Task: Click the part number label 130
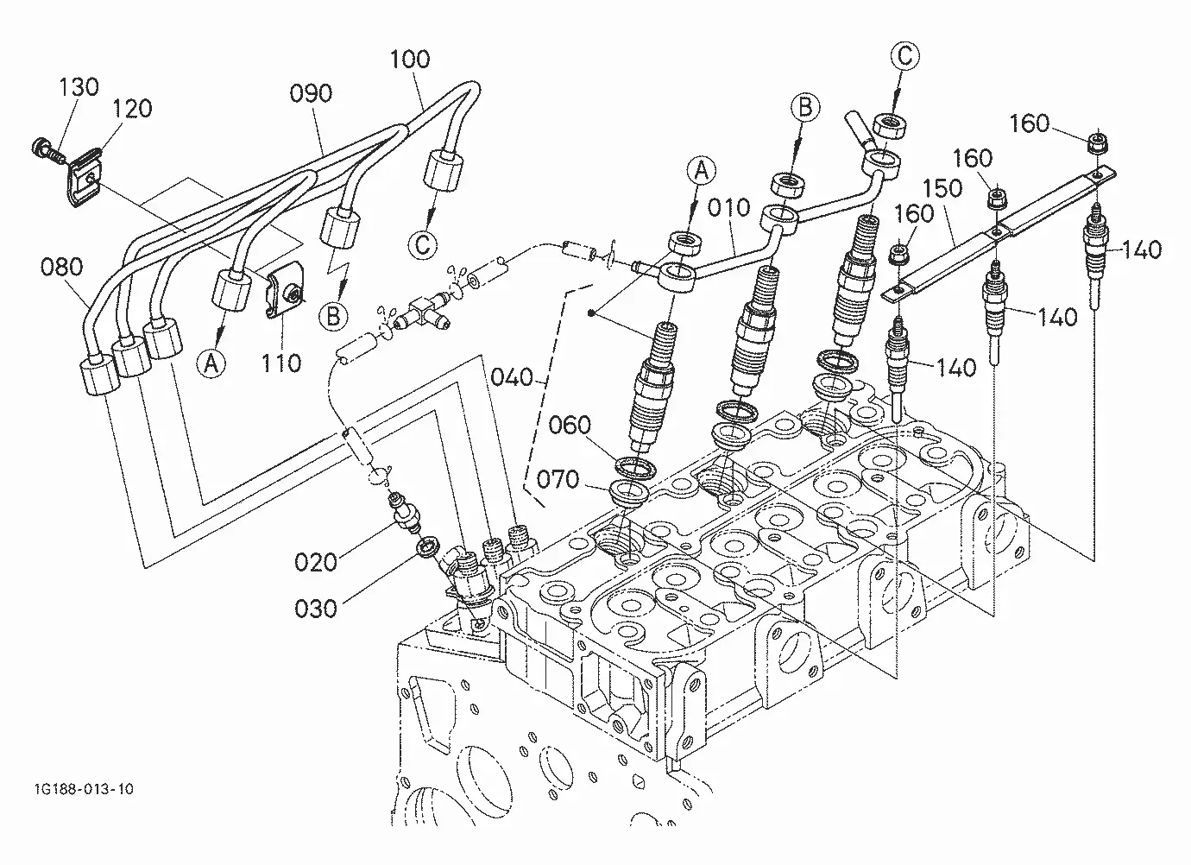79,86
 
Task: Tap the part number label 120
132,109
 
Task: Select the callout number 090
311,93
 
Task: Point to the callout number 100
410,59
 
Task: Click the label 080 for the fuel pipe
61,267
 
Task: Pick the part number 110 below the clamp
281,363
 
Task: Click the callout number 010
729,207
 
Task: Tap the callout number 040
512,377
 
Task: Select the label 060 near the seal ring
570,425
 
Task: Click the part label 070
558,479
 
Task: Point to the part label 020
316,562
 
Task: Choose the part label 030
316,609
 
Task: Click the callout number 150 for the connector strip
942,188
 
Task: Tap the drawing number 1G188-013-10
84,789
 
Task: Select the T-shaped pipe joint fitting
425,313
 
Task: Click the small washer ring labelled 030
429,546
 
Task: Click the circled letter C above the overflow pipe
904,55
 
